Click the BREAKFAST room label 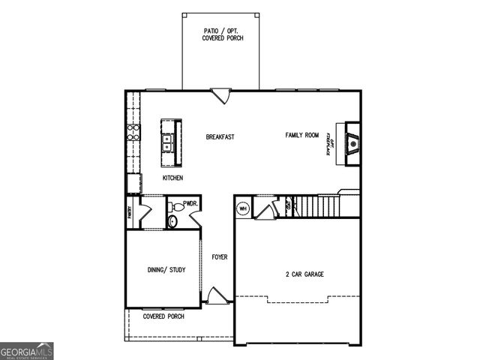click(x=220, y=137)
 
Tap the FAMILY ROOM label click(x=301, y=135)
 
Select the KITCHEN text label click(x=173, y=178)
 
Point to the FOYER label click(x=219, y=257)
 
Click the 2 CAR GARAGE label click(x=304, y=274)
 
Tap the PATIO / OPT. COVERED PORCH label click(x=222, y=34)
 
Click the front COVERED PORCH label click(x=163, y=316)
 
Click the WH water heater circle click(x=243, y=208)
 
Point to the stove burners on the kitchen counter click(x=133, y=133)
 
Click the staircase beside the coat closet click(x=315, y=204)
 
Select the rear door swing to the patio click(x=221, y=95)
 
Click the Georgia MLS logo click(x=27, y=350)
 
